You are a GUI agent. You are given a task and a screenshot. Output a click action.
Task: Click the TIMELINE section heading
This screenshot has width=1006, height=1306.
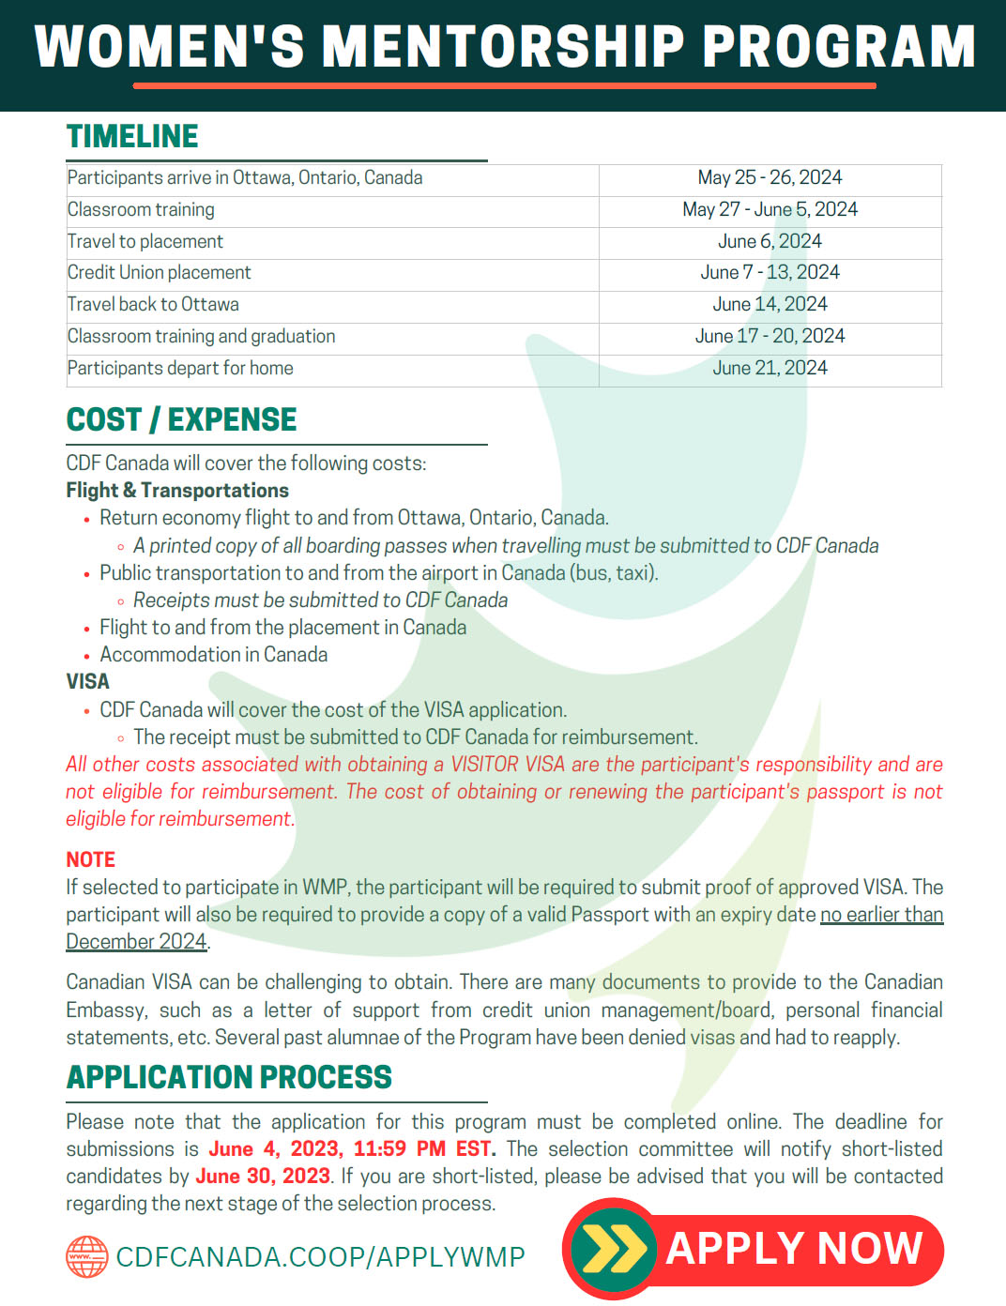coord(132,137)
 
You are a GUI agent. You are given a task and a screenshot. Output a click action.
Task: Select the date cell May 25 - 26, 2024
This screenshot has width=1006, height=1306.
coord(770,178)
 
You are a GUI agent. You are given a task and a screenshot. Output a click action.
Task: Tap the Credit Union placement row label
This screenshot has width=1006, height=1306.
coord(160,273)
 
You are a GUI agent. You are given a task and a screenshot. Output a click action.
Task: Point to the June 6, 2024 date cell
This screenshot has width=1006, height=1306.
coord(770,241)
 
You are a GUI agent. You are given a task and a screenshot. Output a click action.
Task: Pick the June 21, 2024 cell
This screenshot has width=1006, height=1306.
coord(770,369)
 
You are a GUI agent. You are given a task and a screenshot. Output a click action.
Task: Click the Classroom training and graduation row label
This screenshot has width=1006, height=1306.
coord(201,337)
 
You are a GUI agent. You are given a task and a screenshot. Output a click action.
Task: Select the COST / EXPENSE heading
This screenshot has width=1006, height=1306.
coord(181,419)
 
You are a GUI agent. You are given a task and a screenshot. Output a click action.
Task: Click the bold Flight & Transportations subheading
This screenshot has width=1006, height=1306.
coord(177,491)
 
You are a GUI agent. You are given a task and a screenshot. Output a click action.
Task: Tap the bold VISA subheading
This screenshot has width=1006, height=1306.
coord(87,682)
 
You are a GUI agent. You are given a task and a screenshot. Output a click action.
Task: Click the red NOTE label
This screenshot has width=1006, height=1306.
coord(90,860)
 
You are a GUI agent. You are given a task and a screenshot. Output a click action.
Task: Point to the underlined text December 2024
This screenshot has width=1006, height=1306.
coord(136,942)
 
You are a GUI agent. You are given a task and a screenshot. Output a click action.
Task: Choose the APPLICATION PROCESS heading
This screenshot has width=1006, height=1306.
coord(229,1078)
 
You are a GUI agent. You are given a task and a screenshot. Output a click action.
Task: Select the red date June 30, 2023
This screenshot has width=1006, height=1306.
coord(263,1177)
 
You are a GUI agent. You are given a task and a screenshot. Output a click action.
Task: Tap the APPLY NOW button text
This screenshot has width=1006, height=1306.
coord(794,1249)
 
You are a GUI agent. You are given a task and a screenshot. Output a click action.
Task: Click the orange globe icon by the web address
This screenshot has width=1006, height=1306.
coord(87,1257)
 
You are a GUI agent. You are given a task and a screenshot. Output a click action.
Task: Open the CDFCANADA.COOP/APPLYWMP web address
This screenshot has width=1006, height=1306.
coord(320,1257)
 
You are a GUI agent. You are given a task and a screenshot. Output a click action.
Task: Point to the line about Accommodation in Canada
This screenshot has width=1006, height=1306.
coord(214,655)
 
